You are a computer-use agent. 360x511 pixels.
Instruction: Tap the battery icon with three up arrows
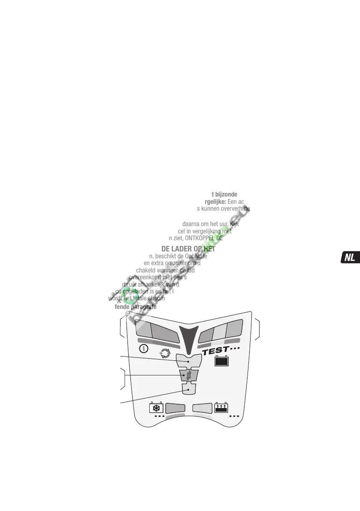point(221,407)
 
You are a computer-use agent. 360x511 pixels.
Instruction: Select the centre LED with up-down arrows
point(188,376)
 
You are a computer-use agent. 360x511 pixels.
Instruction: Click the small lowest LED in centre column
point(188,389)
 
